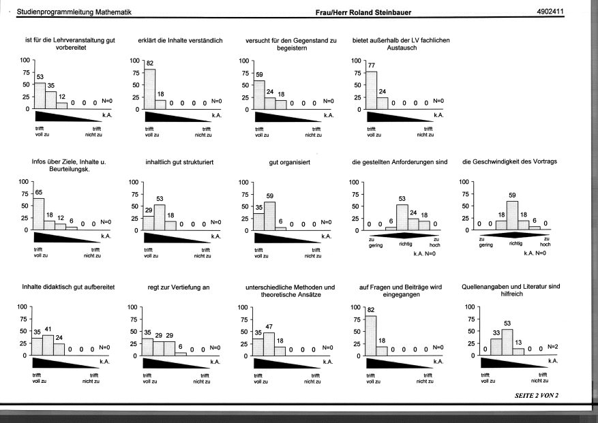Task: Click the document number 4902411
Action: pyautogui.click(x=550, y=12)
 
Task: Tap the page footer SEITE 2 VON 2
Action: pyautogui.click(x=536, y=395)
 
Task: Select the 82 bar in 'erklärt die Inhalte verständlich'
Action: pyautogui.click(x=150, y=89)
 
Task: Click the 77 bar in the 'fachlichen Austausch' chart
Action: pyautogui.click(x=372, y=91)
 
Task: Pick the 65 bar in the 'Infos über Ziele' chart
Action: pyautogui.click(x=38, y=214)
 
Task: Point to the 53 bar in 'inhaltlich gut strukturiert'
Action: pyautogui.click(x=160, y=217)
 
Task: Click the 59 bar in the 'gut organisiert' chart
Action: pyautogui.click(x=269, y=216)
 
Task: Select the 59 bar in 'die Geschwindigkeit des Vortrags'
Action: pyautogui.click(x=512, y=216)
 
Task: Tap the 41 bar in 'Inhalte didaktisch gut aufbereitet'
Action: pyautogui.click(x=48, y=345)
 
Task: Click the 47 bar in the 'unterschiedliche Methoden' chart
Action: pyautogui.click(x=269, y=344)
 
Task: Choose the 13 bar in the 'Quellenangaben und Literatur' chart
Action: pyautogui.click(x=518, y=351)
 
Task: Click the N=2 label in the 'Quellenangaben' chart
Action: pyautogui.click(x=552, y=347)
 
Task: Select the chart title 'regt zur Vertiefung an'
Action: pyautogui.click(x=179, y=287)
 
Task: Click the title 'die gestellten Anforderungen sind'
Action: pyautogui.click(x=400, y=162)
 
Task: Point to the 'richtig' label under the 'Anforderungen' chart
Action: pyautogui.click(x=406, y=244)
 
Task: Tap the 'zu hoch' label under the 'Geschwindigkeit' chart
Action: pyautogui.click(x=545, y=242)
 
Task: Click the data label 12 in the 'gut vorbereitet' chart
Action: pyautogui.click(x=62, y=97)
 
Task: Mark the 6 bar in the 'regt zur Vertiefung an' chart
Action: pyautogui.click(x=181, y=354)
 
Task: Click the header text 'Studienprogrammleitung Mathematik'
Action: pyautogui.click(x=74, y=12)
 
